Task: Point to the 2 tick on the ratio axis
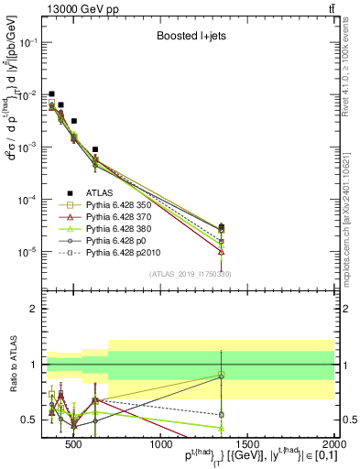[x=36, y=308]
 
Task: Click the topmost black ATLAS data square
[x=52, y=93]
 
